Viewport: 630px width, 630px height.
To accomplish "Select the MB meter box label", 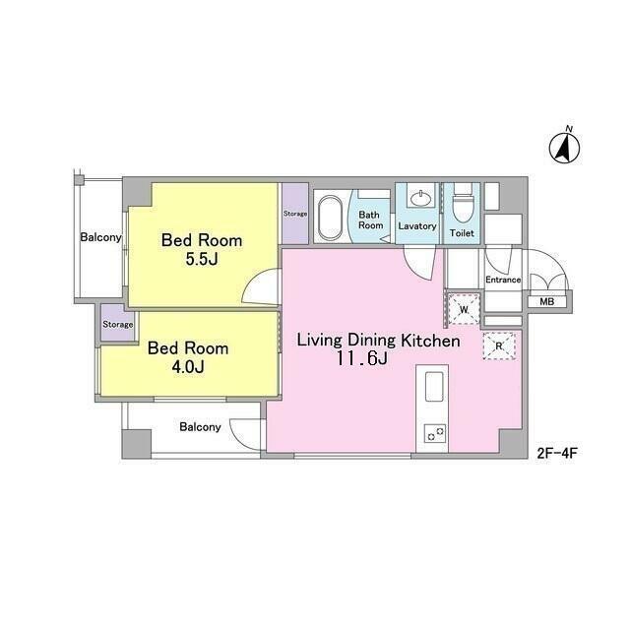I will click(x=545, y=301).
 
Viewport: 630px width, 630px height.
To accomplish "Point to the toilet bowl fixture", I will click(x=462, y=208).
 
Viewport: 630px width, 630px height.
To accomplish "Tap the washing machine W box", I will click(x=463, y=309).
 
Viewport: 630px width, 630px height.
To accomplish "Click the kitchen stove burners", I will click(x=434, y=432).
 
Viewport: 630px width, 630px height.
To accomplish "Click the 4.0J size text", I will click(x=187, y=367).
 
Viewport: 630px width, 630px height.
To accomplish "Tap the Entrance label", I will click(x=502, y=281).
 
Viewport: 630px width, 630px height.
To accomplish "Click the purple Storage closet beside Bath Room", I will click(x=295, y=214).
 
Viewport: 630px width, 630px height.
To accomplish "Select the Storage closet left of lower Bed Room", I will click(x=117, y=324).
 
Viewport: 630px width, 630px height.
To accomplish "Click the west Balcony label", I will click(x=100, y=237).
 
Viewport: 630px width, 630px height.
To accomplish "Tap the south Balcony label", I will click(x=199, y=427).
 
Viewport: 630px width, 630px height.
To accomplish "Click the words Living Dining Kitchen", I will click(x=379, y=341).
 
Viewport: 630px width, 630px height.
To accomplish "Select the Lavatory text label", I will click(x=417, y=226).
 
